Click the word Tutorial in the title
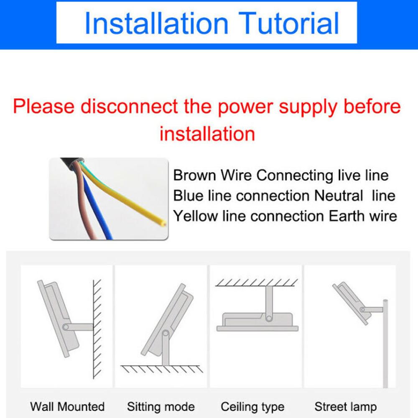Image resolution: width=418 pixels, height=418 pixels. (x=288, y=23)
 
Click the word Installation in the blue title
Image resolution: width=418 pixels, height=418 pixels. (x=156, y=23)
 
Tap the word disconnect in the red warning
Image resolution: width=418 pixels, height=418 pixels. (x=129, y=106)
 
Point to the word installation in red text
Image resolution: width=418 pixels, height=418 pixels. (x=207, y=134)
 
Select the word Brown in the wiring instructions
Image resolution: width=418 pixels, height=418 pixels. (x=194, y=176)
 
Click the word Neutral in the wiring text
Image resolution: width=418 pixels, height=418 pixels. (x=339, y=195)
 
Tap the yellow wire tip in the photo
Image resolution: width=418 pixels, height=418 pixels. (x=164, y=223)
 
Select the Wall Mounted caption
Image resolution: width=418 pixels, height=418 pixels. (x=67, y=407)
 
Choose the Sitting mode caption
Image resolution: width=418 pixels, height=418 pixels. (x=161, y=407)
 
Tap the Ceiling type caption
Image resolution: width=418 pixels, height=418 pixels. (x=252, y=407)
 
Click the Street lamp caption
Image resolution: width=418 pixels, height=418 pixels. (x=346, y=407)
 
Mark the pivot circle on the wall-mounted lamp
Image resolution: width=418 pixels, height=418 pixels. (x=66, y=327)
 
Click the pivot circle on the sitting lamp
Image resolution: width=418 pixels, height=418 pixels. (x=166, y=333)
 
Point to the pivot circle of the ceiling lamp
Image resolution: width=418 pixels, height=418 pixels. (x=269, y=318)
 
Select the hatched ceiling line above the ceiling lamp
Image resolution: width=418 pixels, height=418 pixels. (x=257, y=283)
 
